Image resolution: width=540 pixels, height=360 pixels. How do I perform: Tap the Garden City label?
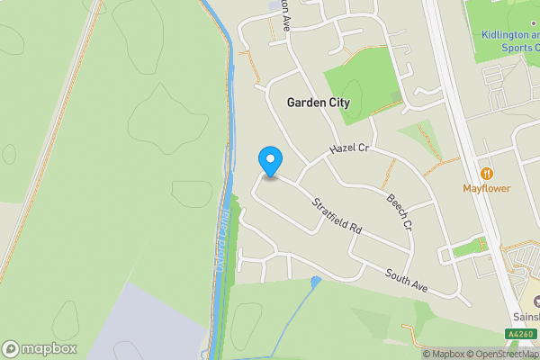coord(318,103)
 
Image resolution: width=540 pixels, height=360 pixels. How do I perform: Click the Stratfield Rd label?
coord(336,215)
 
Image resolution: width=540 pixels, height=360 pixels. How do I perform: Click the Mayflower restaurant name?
coord(487,188)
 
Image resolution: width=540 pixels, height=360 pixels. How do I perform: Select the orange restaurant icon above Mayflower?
coord(487,173)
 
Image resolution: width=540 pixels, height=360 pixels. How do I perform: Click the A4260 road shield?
coord(520,334)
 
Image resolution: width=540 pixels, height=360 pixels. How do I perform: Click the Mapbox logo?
coord(40,348)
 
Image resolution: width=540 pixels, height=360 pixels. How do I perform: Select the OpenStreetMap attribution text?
coord(504,354)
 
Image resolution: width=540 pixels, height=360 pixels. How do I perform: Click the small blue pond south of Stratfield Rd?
coord(316,283)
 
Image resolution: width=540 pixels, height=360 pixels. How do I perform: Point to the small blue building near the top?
coord(273,7)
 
